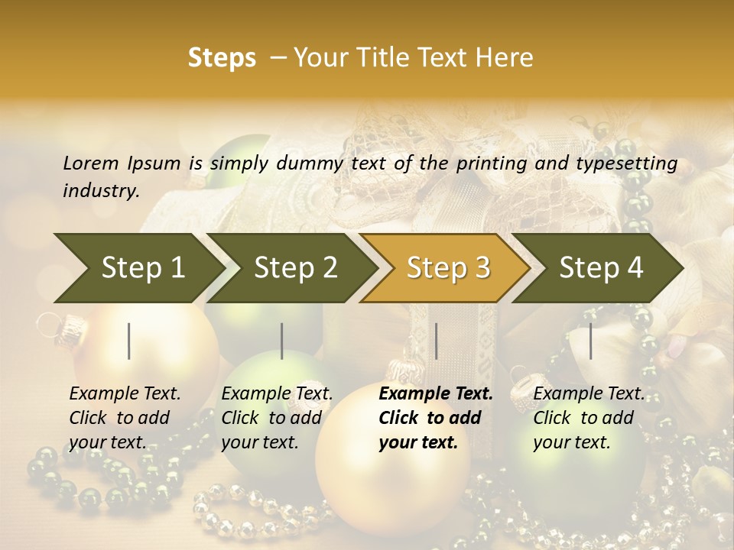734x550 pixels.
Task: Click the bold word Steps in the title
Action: pyautogui.click(x=222, y=58)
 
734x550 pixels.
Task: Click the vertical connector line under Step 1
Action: pyautogui.click(x=129, y=341)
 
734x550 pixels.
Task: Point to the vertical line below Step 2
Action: pyautogui.click(x=282, y=341)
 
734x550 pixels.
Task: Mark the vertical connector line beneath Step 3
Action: pyautogui.click(x=436, y=341)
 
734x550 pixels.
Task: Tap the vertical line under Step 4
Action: pyautogui.click(x=590, y=341)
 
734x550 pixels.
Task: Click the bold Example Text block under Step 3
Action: pyautogui.click(x=434, y=418)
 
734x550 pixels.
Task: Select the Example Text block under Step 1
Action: pyautogui.click(x=124, y=418)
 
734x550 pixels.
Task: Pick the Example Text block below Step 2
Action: pyautogui.click(x=276, y=418)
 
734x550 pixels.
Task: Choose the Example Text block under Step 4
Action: pyautogui.click(x=588, y=418)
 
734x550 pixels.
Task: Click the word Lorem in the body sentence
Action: pyautogui.click(x=91, y=163)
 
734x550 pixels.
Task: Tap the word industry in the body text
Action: pyautogui.click(x=100, y=191)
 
